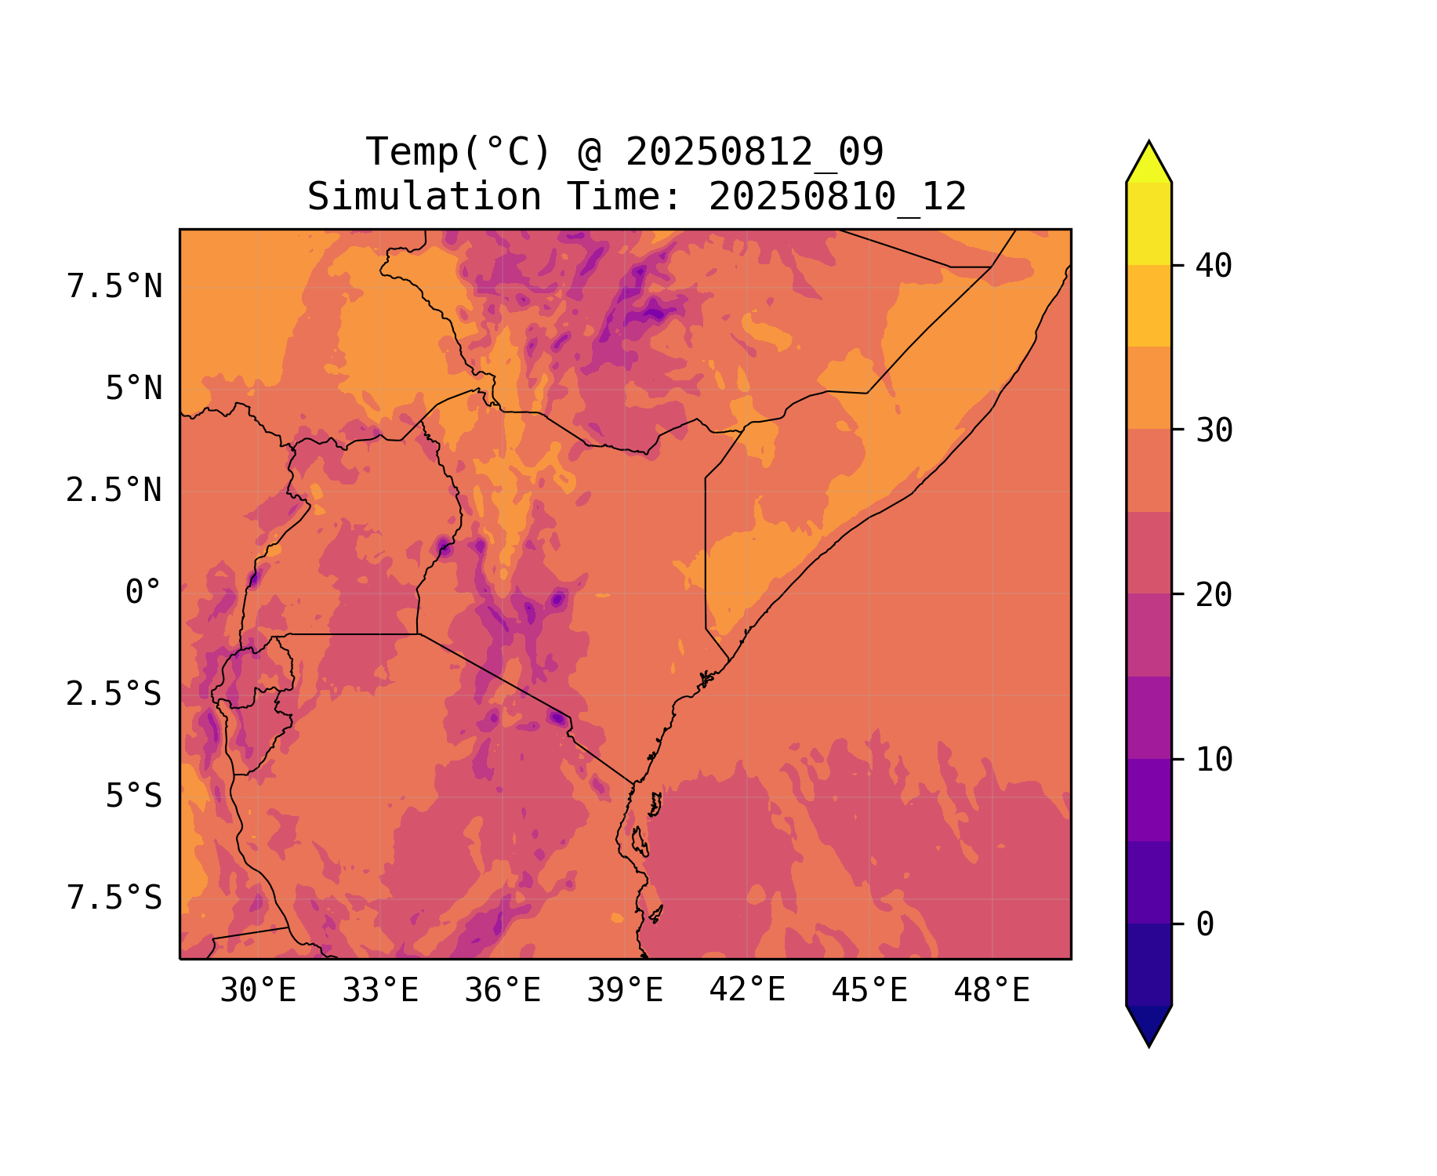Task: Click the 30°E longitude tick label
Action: click(257, 991)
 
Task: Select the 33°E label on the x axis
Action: click(380, 991)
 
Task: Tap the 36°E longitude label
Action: click(503, 991)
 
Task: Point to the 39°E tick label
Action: click(625, 991)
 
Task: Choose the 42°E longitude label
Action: click(747, 990)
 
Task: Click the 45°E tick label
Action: click(869, 991)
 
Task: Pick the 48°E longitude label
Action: click(992, 991)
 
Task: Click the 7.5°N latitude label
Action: click(114, 287)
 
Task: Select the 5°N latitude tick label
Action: click(133, 389)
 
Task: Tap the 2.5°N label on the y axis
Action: click(114, 491)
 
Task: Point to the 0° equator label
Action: click(143, 593)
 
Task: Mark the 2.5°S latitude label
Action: click(114, 695)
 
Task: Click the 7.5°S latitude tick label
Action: click(114, 898)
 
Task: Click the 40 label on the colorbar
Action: click(1214, 266)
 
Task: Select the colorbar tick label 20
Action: click(1214, 595)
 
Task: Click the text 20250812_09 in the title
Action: click(754, 152)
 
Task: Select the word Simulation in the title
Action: click(424, 197)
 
